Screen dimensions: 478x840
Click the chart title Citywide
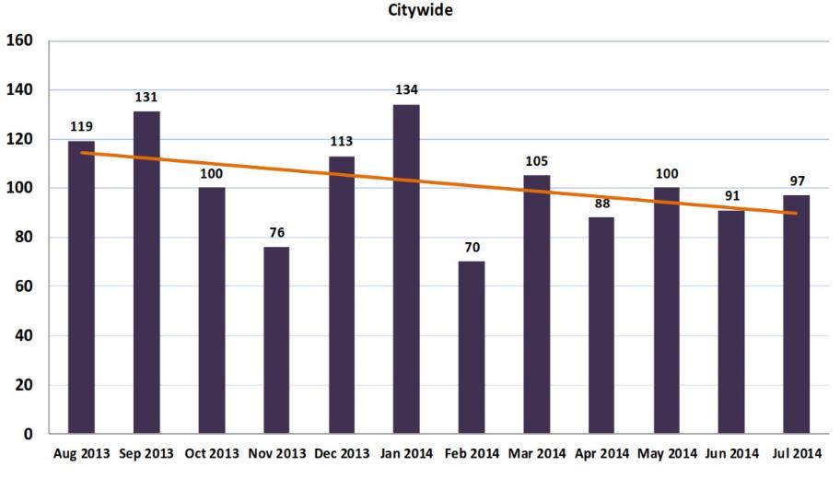coord(427,10)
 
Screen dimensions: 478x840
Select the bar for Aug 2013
coord(81,286)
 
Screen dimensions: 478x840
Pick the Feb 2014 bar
coord(472,347)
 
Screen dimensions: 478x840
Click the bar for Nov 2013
coord(276,340)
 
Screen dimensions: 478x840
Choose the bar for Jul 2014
coord(797,314)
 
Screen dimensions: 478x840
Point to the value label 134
coord(406,90)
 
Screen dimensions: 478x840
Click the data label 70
coord(472,247)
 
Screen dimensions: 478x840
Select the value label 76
coord(276,232)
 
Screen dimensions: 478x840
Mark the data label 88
coord(601,203)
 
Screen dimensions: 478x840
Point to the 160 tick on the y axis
coord(19,41)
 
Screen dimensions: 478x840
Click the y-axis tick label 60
coord(23,286)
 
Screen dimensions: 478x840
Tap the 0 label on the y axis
coord(29,434)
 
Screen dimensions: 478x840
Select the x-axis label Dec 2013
coord(342,453)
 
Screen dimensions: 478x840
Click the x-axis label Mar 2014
coord(537,453)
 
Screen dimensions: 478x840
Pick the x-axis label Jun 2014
coord(731,453)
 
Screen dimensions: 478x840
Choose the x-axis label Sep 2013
coord(146,453)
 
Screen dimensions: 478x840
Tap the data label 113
coord(342,142)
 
